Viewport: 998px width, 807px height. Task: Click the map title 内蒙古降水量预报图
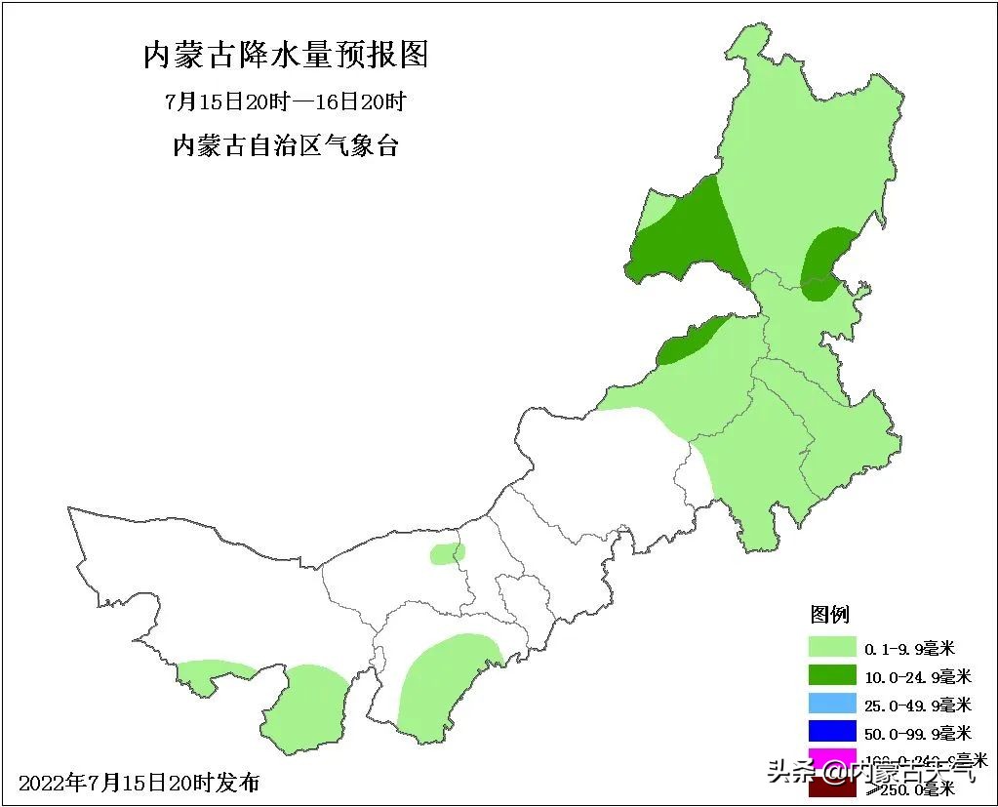point(286,55)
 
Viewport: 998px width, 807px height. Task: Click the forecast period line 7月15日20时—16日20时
point(285,101)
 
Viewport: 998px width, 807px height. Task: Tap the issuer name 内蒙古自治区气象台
point(285,147)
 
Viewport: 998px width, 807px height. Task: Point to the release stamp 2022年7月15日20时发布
point(140,783)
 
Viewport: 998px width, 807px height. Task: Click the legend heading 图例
point(830,614)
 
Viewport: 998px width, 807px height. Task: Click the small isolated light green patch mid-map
point(447,554)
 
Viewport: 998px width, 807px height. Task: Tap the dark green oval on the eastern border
point(825,262)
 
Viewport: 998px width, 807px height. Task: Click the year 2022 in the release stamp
point(42,783)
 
